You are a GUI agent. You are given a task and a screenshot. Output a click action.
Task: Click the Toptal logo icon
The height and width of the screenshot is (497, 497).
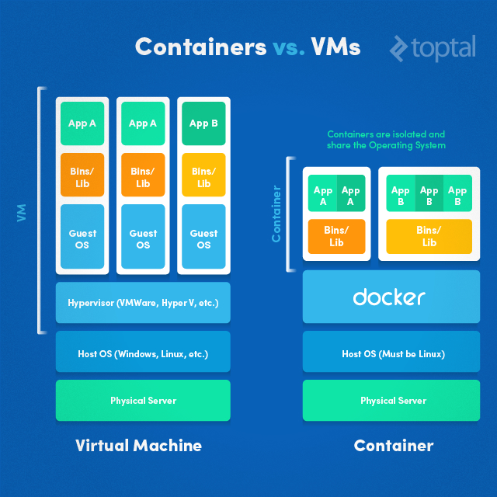399,47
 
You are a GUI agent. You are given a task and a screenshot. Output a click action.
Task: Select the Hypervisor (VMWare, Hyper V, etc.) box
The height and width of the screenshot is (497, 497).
143,302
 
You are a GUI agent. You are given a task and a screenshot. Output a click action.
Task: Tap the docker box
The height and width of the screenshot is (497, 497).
389,297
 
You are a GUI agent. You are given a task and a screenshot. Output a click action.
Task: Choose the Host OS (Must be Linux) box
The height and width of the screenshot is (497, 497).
393,353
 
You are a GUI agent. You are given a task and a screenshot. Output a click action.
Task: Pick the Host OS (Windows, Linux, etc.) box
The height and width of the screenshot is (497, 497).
143,353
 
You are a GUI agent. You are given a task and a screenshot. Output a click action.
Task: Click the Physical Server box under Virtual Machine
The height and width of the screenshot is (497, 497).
143,400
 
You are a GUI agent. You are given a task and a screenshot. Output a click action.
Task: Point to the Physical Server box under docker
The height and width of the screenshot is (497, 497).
393,400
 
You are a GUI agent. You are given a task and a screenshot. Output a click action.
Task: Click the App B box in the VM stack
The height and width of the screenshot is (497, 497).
203,123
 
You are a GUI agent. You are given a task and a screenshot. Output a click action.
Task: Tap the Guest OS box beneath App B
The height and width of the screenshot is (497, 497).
203,238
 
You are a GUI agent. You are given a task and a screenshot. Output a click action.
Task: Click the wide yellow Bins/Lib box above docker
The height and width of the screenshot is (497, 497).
429,236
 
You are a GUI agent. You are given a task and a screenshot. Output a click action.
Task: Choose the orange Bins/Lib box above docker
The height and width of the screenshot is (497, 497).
336,236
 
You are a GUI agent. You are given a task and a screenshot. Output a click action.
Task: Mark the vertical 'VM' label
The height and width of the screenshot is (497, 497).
22,212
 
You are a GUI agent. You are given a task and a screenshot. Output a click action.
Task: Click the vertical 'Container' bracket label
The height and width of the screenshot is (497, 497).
276,214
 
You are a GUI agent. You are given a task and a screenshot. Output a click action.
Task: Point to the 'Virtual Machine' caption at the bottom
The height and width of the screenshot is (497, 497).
138,445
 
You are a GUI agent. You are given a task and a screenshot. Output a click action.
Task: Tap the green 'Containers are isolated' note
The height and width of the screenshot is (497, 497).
386,140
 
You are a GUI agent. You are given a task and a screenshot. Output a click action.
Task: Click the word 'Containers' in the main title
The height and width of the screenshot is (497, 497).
200,47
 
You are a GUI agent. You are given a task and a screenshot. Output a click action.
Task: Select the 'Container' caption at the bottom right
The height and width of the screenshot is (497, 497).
393,445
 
